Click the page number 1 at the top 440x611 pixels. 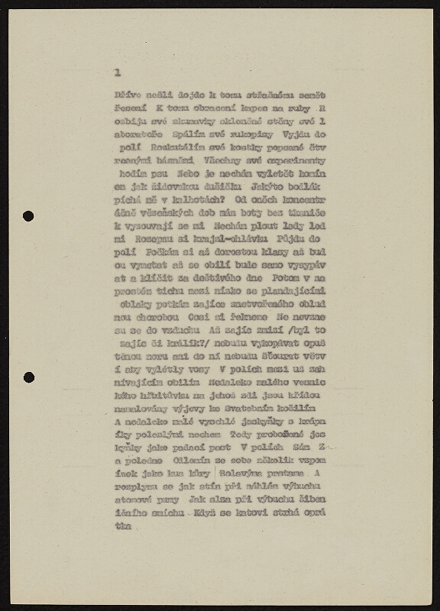click(117, 73)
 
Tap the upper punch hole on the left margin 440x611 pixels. click(28, 216)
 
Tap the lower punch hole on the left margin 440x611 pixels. click(28, 377)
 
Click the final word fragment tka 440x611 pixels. click(121, 526)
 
